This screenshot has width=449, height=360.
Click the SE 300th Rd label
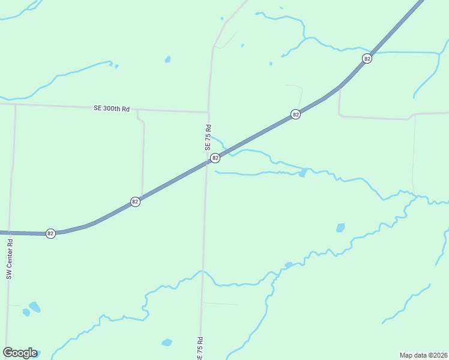[x=112, y=109]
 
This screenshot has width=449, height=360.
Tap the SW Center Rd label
[x=10, y=259]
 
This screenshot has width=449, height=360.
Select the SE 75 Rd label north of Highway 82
[x=208, y=137]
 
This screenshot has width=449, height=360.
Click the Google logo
[x=20, y=353]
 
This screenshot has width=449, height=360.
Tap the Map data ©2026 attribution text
[x=423, y=355]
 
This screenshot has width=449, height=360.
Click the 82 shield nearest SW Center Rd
[x=50, y=233]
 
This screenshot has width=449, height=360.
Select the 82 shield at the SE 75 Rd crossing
[x=215, y=158]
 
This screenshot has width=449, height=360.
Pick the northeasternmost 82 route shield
[x=367, y=58]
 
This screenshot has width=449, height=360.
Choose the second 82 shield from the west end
[x=135, y=202]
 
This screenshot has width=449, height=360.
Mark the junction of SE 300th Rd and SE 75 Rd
[x=208, y=112]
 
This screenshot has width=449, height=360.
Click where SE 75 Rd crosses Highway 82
[x=206, y=163]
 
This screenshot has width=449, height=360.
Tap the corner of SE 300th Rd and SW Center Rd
[x=15, y=104]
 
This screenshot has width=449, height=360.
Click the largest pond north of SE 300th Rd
[x=167, y=59]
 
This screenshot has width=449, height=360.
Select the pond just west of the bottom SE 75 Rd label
[x=167, y=343]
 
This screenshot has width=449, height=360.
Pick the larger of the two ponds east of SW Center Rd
[x=35, y=307]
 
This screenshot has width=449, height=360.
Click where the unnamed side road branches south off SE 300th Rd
[x=137, y=110]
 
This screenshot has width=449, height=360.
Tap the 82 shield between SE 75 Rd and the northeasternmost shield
[x=295, y=114]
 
